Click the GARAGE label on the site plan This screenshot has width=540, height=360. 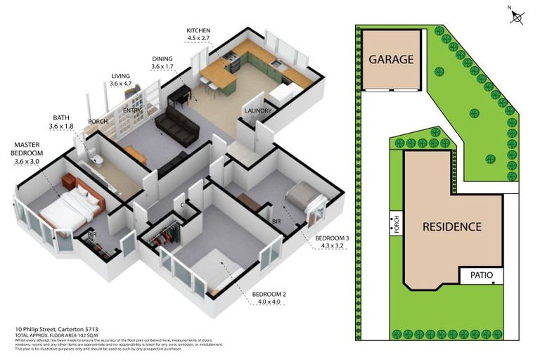pyautogui.click(x=391, y=60)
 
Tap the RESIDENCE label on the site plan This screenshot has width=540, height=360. pyautogui.click(x=452, y=226)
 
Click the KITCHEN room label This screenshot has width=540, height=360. pyautogui.click(x=198, y=30)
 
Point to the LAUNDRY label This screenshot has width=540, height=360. pyautogui.click(x=257, y=111)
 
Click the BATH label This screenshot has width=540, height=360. pyautogui.click(x=60, y=118)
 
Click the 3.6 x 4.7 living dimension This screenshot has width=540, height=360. pyautogui.click(x=120, y=84)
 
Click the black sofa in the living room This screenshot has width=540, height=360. pyautogui.click(x=176, y=124)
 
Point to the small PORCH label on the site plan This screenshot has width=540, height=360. pyautogui.click(x=394, y=224)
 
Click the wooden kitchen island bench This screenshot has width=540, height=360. pyautogui.click(x=217, y=75)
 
